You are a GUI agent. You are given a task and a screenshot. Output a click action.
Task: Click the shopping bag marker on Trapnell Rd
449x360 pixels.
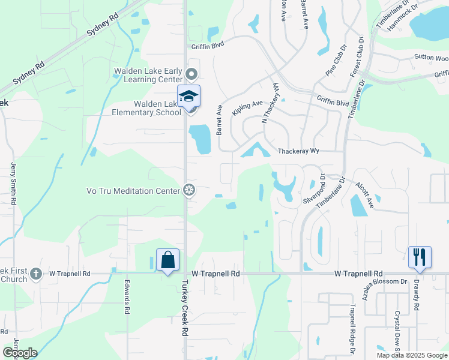click(x=168, y=260)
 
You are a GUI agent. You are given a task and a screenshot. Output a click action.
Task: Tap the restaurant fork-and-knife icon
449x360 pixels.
click(x=420, y=257)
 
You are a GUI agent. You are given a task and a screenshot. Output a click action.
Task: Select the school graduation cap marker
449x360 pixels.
click(x=188, y=97)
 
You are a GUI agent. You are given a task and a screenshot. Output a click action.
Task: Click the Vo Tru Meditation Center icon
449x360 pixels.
click(x=189, y=191)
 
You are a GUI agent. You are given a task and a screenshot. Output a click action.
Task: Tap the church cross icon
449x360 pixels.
click(x=36, y=274)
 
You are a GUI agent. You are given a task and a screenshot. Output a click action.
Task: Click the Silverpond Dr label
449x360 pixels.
click(x=315, y=189)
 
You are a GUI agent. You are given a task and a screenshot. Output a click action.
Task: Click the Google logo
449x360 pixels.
click(x=20, y=353)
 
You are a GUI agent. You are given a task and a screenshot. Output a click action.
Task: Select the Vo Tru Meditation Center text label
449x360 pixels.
click(x=134, y=191)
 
